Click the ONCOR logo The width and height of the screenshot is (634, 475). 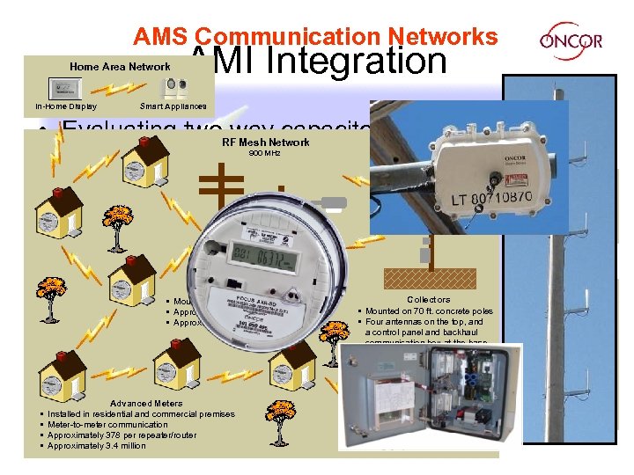pyautogui.click(x=571, y=40)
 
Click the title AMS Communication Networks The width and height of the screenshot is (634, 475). pyautogui.click(x=315, y=36)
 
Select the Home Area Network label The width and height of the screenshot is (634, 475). pyautogui.click(x=120, y=67)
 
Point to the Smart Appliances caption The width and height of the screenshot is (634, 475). pyautogui.click(x=173, y=106)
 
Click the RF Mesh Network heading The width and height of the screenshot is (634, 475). pyautogui.click(x=266, y=142)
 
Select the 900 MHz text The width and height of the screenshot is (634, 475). pyautogui.click(x=265, y=153)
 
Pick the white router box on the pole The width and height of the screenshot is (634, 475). pyautogui.click(x=475, y=167)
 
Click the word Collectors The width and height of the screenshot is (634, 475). pyautogui.click(x=428, y=300)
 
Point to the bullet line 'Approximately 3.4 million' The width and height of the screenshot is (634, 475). pyautogui.click(x=97, y=446)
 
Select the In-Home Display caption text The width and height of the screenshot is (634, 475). pyautogui.click(x=66, y=106)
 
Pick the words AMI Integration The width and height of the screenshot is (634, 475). pyautogui.click(x=319, y=60)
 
